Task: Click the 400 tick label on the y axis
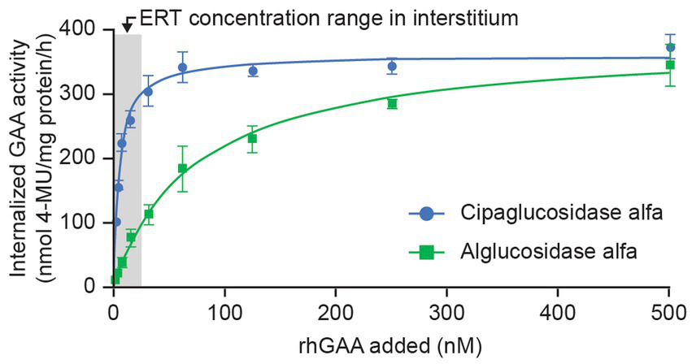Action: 85,30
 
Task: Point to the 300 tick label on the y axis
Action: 85,94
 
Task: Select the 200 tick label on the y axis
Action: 85,158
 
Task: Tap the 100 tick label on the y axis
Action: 85,223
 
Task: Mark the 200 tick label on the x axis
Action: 335,310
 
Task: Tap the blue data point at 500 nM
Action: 670,48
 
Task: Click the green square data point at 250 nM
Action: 392,103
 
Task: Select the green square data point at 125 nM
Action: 252,138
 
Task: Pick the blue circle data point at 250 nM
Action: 392,67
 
